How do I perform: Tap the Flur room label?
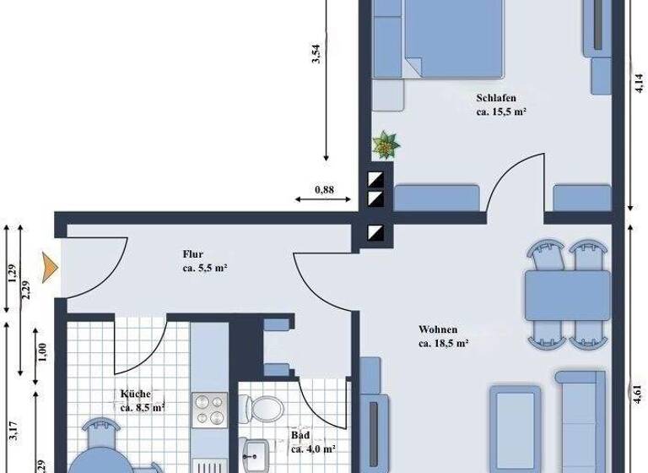pos(193,253)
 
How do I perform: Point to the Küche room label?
pos(135,394)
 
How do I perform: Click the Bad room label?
pos(301,435)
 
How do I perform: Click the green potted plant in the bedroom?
pos(386,144)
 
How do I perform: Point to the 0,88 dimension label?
pos(323,190)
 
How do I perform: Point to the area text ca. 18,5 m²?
pos(443,343)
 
